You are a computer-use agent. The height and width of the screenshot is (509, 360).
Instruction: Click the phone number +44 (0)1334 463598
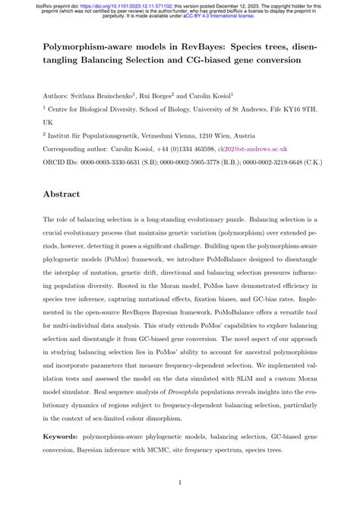(179, 150)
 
